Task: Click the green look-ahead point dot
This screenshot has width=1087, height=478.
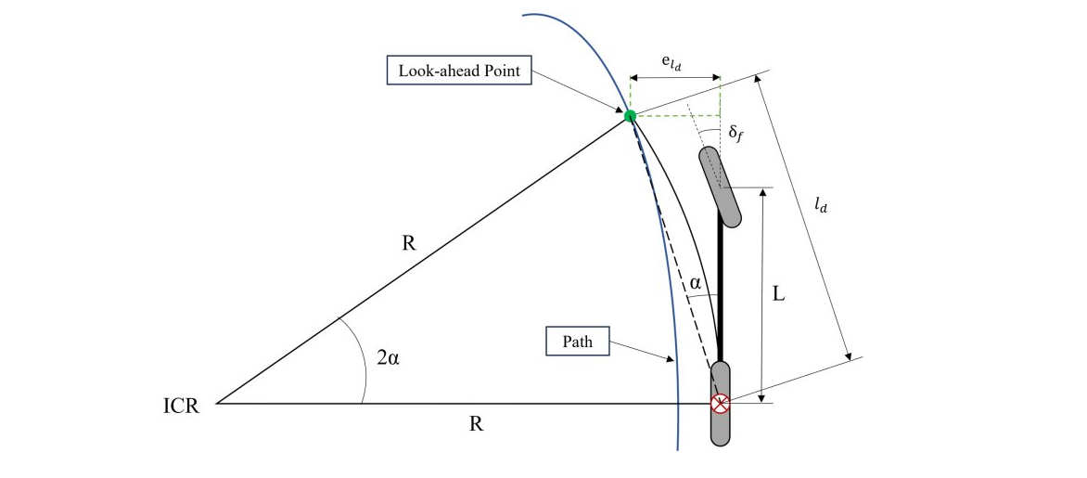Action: click(630, 116)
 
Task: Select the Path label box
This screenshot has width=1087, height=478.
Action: click(578, 342)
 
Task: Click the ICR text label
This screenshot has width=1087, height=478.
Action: click(182, 406)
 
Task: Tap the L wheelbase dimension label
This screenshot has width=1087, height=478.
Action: click(780, 295)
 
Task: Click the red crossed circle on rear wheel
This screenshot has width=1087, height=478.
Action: click(721, 403)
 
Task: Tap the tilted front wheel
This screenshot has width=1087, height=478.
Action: click(721, 187)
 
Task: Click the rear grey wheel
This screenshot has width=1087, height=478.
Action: click(721, 403)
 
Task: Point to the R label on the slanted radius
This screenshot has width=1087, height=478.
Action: click(409, 244)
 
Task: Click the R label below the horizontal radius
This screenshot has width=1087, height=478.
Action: click(476, 424)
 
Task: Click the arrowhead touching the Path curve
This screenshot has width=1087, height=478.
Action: click(669, 358)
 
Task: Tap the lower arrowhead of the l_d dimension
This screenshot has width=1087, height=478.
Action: click(848, 356)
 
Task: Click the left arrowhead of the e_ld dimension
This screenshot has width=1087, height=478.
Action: click(634, 77)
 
